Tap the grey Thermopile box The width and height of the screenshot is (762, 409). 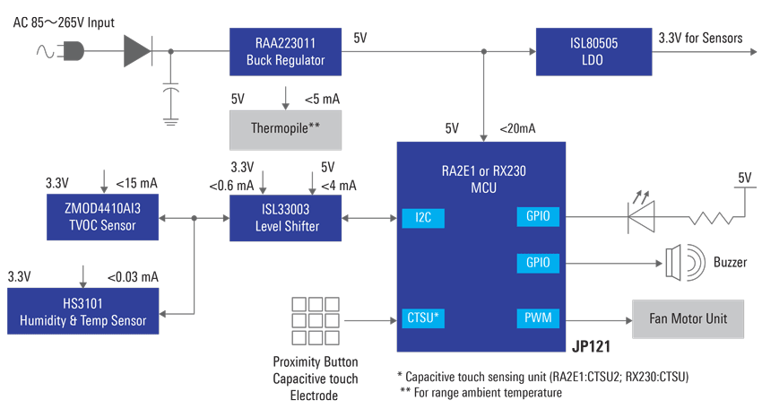coord(285,128)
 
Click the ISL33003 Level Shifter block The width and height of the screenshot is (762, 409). coord(285,218)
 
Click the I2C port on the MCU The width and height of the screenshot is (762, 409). coord(422,216)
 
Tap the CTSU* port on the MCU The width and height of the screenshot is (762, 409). coord(422,317)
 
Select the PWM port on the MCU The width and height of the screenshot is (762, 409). coord(538,318)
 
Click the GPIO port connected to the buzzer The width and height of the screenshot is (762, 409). coord(538,263)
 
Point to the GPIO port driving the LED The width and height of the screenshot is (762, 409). coord(538,216)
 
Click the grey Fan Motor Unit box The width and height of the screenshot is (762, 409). coord(688,318)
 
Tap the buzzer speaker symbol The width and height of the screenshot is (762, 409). coord(678,263)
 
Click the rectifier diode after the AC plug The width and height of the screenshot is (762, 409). coord(137,52)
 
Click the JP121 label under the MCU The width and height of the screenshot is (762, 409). coord(591,345)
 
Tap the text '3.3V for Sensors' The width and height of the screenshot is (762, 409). coord(700,38)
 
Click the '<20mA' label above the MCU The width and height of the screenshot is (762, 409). coord(517,128)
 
